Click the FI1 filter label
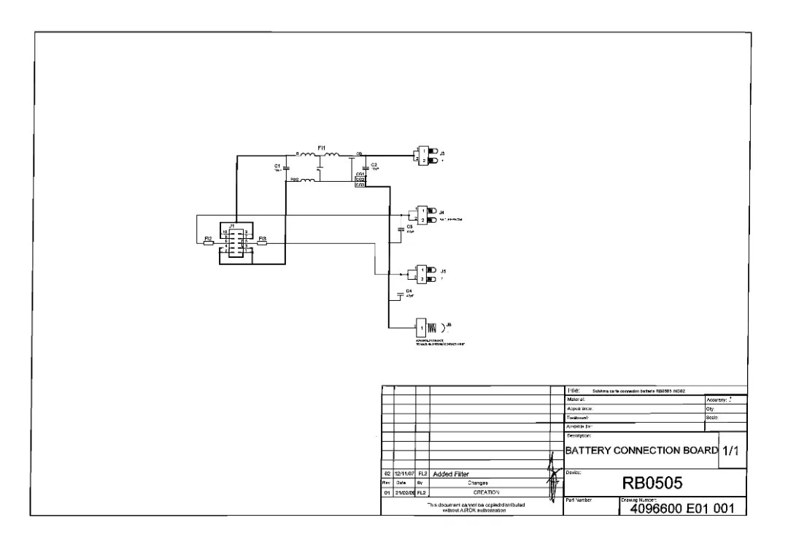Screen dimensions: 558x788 (322, 148)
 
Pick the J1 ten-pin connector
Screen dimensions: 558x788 (236, 240)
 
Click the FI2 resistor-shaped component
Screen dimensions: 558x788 (209, 243)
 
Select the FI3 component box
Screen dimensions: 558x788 (263, 243)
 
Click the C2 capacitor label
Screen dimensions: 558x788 (374, 165)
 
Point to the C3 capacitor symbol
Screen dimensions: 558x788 (400, 229)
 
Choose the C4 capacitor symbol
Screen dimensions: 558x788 (400, 294)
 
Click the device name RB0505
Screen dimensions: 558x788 (652, 483)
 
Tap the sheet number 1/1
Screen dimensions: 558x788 (731, 451)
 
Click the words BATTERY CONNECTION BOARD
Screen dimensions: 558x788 (641, 451)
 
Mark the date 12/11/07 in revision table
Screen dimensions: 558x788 (404, 474)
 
